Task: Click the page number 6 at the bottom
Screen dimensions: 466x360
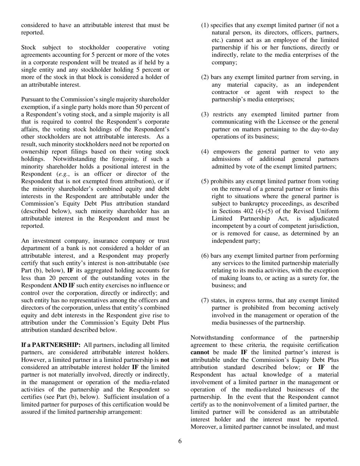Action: coord(180,441)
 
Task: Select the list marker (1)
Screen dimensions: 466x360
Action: coord(205,25)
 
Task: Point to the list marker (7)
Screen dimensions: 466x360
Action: coord(205,300)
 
